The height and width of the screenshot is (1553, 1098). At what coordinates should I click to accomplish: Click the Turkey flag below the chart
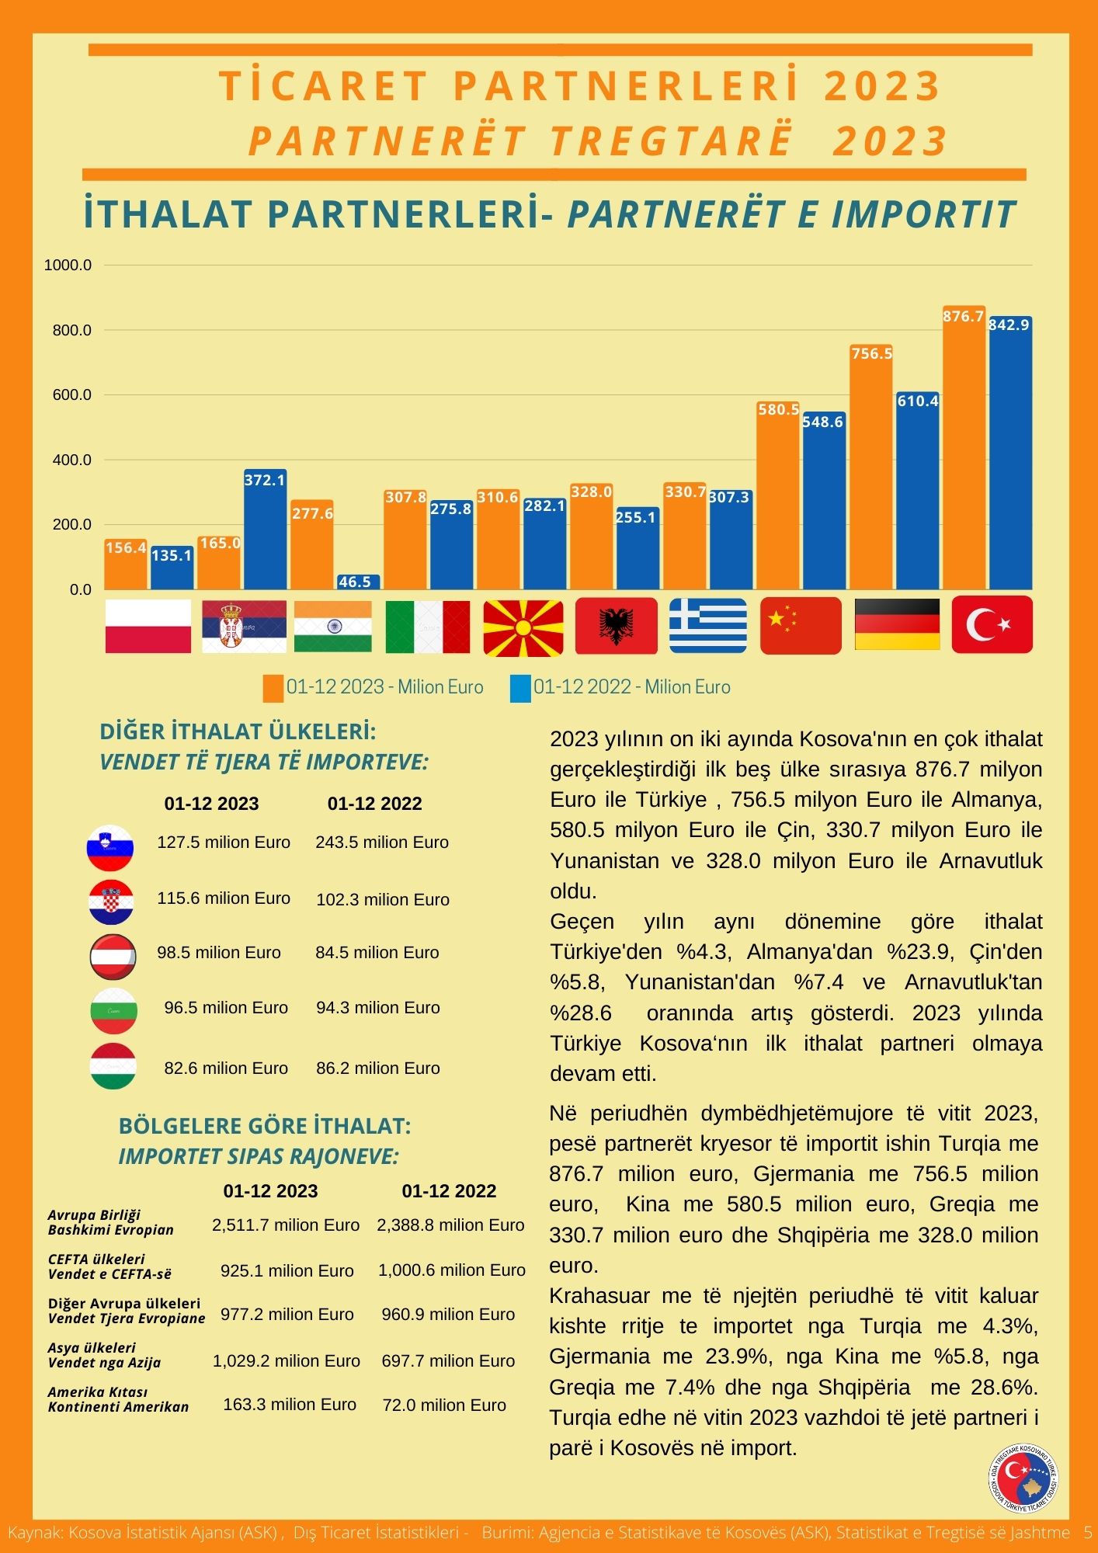[992, 624]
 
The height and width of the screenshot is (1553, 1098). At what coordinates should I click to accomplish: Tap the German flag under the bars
[897, 624]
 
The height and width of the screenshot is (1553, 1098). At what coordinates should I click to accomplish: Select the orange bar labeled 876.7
[964, 447]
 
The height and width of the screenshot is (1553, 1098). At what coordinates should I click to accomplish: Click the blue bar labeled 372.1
[265, 530]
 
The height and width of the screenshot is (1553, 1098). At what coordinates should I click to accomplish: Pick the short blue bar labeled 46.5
[358, 582]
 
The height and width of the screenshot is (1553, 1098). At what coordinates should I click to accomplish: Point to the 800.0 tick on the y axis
[72, 330]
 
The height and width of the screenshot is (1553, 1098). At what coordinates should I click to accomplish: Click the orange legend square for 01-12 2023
[273, 688]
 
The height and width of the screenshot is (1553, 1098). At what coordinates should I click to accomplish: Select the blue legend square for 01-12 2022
[520, 688]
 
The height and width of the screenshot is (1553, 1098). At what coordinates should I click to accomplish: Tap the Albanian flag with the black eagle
[617, 626]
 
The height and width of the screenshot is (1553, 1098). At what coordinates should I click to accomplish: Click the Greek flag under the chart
[708, 625]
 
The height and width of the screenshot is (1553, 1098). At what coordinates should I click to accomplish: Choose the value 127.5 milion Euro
[224, 843]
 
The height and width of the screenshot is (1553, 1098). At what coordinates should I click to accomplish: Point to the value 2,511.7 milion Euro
[286, 1225]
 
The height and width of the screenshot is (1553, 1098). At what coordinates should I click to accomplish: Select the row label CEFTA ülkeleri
[96, 1259]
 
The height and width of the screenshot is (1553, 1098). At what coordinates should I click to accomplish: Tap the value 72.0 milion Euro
[444, 1405]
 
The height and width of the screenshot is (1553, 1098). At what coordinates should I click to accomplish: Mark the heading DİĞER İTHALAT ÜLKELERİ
[238, 731]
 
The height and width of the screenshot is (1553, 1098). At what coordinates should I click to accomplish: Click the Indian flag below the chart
[333, 626]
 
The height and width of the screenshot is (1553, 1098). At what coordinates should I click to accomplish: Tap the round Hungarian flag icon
[113, 1066]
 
